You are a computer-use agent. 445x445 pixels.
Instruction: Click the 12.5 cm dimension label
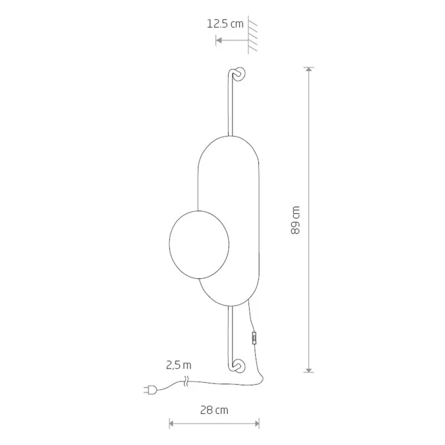pos(225,24)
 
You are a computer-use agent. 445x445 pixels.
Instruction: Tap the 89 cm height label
pos(295,220)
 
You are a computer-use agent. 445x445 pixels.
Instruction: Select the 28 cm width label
pos(214,410)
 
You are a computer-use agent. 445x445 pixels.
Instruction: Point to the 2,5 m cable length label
pos(179,365)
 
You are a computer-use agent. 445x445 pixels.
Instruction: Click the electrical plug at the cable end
pos(150,390)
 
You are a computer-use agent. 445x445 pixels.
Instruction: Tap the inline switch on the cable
pos(254,338)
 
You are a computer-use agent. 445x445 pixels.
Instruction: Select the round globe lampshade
pos(199,245)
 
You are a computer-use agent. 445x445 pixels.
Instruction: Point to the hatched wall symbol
pos(253,34)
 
